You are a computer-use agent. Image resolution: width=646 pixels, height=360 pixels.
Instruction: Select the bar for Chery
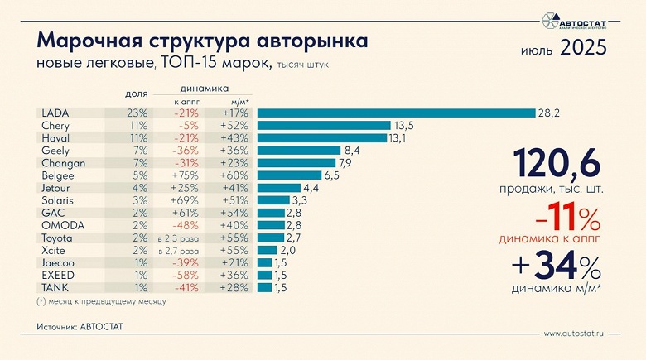[324, 126]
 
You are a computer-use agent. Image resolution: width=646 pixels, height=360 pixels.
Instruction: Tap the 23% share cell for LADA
[137, 113]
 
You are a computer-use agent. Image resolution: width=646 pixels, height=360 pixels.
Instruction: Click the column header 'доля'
[137, 94]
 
